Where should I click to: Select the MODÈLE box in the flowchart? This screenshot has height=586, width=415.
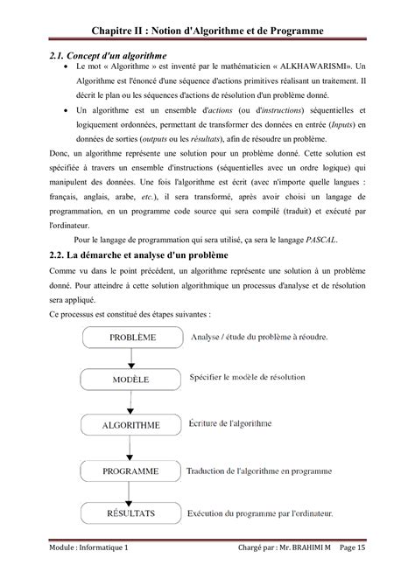click(131, 380)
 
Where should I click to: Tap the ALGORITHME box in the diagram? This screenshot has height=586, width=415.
click(131, 426)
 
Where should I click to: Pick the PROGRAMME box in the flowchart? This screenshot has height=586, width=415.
click(131, 471)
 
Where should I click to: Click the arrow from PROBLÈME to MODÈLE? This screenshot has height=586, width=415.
click(131, 358)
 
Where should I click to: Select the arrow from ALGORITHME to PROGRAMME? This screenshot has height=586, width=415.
click(131, 449)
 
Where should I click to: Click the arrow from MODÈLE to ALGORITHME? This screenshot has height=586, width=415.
click(131, 403)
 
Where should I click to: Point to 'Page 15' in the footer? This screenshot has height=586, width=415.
click(375, 570)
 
